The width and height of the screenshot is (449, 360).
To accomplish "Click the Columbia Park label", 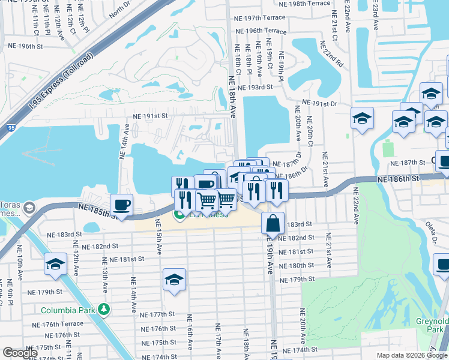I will pos(68,310).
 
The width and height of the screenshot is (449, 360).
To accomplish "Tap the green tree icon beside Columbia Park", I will pos(104,310).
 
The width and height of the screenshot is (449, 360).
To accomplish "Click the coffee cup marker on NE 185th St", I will pos(121,205).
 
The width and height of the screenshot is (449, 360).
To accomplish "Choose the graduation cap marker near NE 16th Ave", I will pos(174,279).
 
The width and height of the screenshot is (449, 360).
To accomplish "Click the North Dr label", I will pos(119,7).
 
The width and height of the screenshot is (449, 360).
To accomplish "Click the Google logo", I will pos(20,352).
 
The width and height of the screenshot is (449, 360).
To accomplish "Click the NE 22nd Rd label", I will pos(332,54).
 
